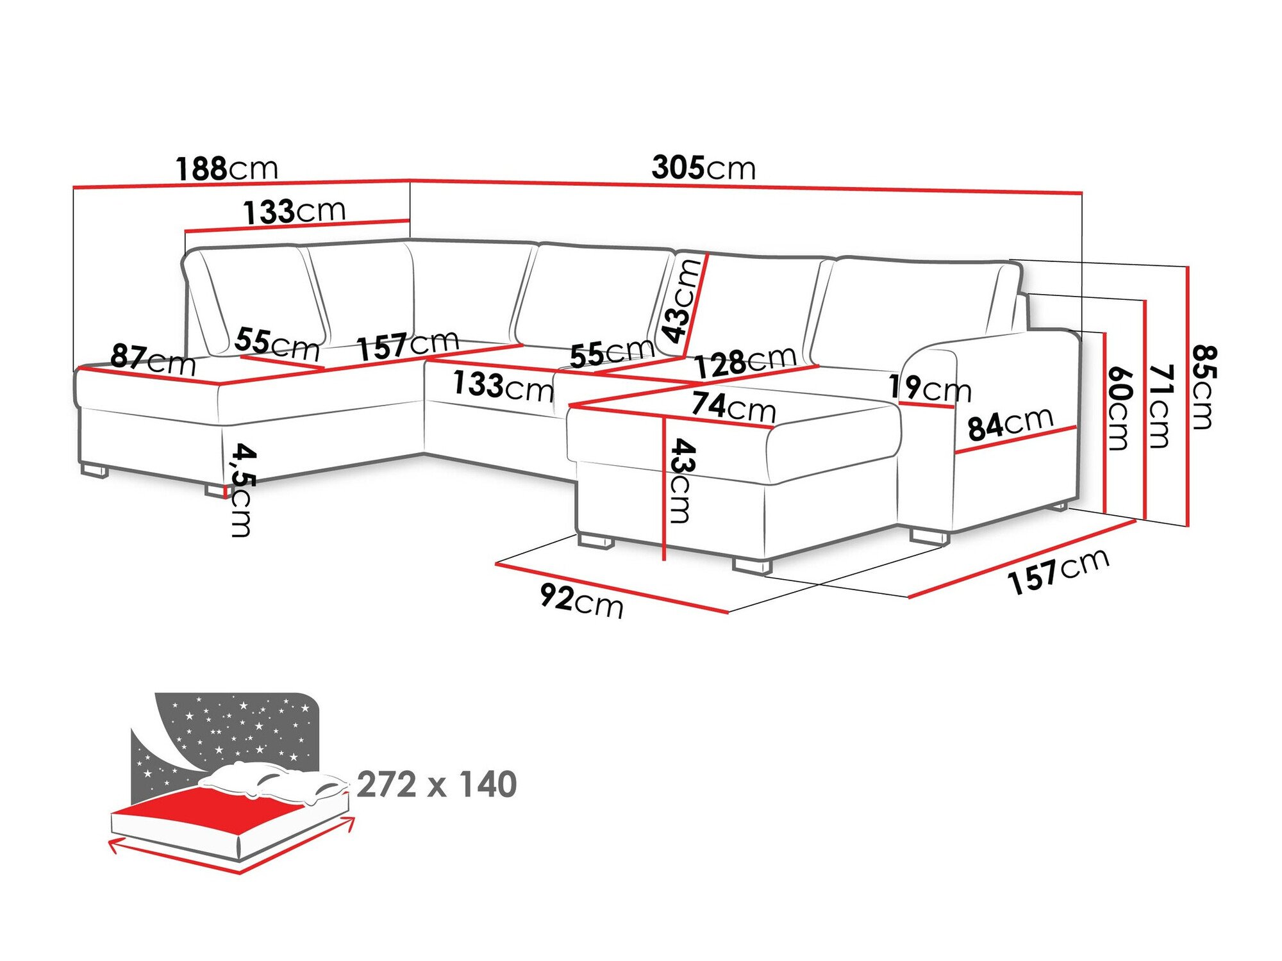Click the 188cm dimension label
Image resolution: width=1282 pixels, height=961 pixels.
coord(227,169)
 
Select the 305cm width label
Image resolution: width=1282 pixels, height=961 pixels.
coord(703,168)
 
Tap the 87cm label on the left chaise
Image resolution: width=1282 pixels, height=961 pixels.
coord(153,359)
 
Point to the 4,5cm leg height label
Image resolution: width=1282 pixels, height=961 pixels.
coord(241,489)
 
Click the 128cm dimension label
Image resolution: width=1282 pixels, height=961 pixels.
coord(745,363)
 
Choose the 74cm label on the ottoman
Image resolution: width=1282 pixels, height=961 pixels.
coord(733,406)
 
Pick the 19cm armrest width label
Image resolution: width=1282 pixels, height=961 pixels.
coord(929,388)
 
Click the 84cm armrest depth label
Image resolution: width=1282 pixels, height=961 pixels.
coord(1010,423)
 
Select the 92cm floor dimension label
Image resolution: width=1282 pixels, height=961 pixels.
coord(581,601)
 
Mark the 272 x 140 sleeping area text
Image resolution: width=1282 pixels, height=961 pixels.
coord(437,785)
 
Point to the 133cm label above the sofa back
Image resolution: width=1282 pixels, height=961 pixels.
coord(294,211)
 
